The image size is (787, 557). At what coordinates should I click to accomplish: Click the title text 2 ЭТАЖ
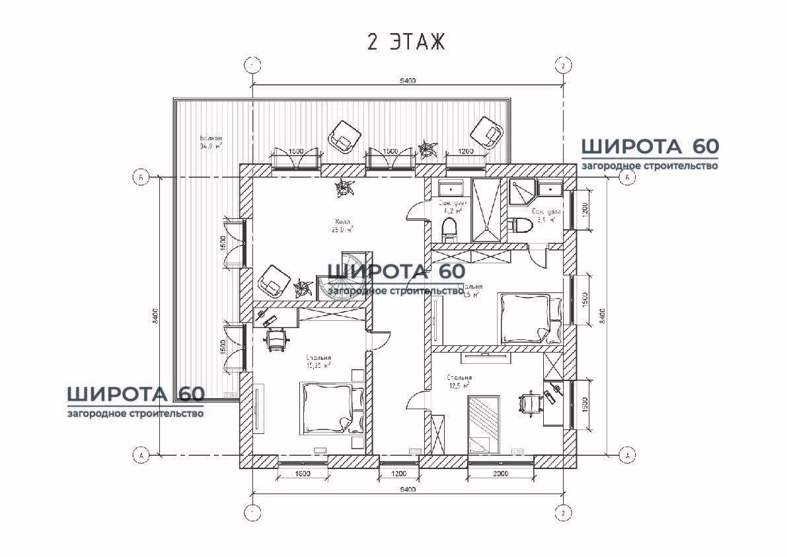[x=406, y=42]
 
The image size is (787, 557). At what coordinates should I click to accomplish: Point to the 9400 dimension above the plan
[x=407, y=81]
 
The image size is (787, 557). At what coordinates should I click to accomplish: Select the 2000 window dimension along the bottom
[x=500, y=474]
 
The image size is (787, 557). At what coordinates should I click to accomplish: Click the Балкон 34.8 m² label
[x=211, y=142]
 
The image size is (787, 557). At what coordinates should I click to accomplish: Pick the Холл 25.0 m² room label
[x=342, y=226]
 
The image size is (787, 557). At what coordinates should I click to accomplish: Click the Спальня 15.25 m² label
[x=319, y=361]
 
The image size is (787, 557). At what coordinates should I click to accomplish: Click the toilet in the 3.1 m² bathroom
[x=521, y=226]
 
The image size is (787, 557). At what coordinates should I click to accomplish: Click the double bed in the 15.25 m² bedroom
[x=329, y=407]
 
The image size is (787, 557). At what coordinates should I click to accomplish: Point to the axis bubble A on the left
[x=139, y=454]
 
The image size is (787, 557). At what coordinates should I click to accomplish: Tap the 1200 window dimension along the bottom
[x=398, y=474]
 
